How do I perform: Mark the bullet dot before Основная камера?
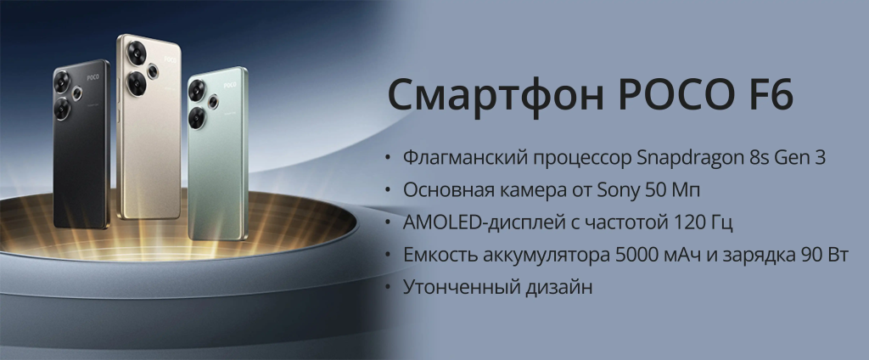tap(388, 191)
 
